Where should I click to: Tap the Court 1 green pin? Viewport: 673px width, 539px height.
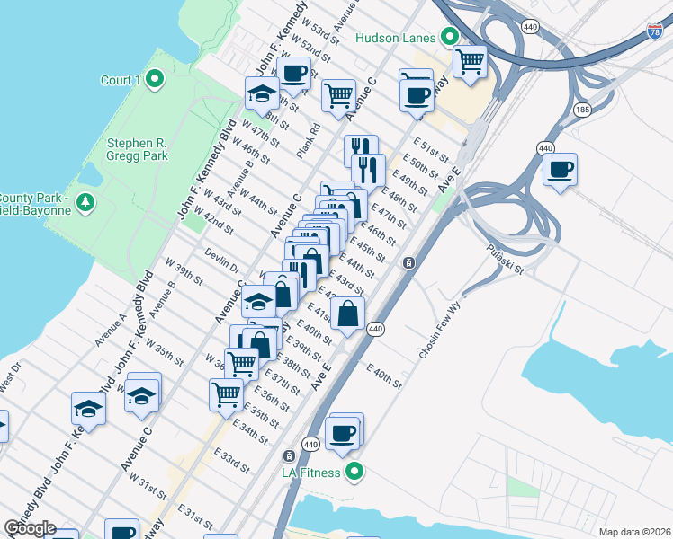pos(155,80)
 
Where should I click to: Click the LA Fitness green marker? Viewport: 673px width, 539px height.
pos(355,471)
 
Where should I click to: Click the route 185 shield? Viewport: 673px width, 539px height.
pos(583,109)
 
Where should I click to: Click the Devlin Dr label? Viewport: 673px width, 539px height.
pos(221,261)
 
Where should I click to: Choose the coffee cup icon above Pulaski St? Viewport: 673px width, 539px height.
pos(560,170)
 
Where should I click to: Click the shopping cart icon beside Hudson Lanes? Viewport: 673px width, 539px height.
pos(470,61)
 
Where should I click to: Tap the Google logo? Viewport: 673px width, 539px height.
pos(29,528)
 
